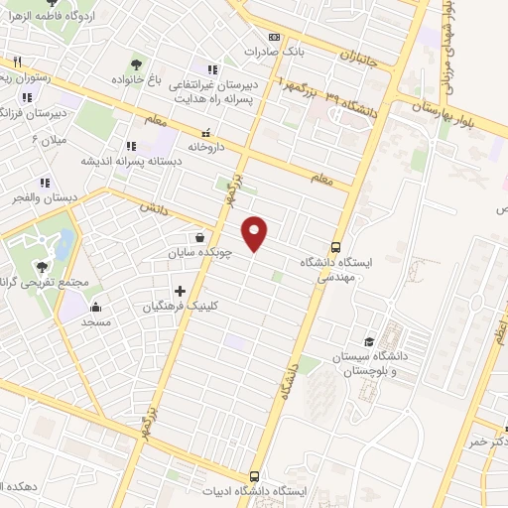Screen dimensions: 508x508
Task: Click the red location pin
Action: click(256, 233)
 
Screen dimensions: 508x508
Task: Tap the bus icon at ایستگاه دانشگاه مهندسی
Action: click(335, 247)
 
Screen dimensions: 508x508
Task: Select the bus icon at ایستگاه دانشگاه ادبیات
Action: click(255, 476)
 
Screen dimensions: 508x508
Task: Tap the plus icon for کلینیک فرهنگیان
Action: click(180, 291)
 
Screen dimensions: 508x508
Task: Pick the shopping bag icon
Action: click(201, 238)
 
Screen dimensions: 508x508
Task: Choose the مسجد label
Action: click(96, 322)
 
